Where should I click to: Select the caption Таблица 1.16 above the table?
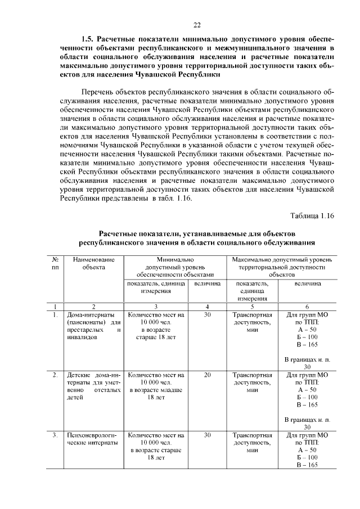(x=313, y=216)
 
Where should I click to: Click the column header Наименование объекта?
(x=93, y=264)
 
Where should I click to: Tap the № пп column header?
(x=55, y=264)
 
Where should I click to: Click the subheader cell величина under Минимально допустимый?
(x=206, y=285)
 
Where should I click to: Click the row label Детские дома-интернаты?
(x=93, y=386)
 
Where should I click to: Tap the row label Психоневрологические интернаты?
(x=93, y=439)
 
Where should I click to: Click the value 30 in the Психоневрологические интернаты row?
(x=206, y=435)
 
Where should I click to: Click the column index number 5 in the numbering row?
(x=252, y=307)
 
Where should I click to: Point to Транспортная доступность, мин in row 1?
(x=252, y=323)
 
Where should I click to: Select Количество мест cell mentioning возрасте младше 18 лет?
(x=155, y=386)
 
